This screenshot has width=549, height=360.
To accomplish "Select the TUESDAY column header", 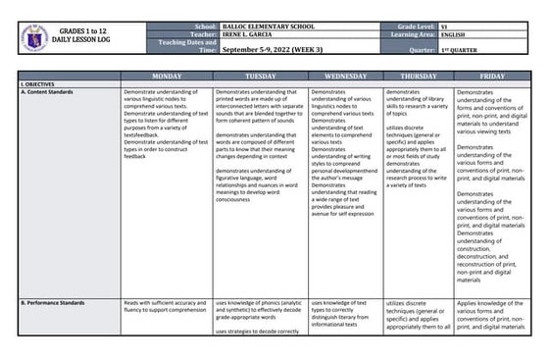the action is (x=259, y=76).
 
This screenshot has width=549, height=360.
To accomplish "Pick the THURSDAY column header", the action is (x=418, y=76).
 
